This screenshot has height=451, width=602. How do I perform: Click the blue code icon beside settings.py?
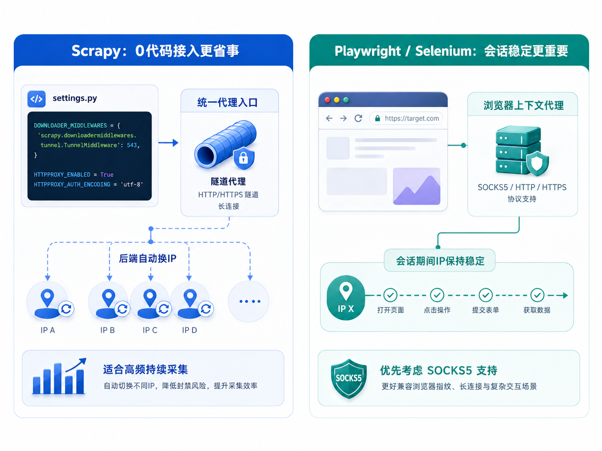click(37, 99)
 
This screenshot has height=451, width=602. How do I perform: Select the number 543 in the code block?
click(132, 145)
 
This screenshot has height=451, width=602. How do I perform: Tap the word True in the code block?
click(107, 175)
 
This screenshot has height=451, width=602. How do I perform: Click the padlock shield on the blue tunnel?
click(244, 158)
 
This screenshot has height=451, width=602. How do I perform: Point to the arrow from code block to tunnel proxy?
click(168, 143)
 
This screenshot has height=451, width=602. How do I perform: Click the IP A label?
click(48, 330)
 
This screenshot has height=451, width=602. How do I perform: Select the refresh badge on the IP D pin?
click(206, 309)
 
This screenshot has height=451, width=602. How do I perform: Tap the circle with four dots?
click(249, 301)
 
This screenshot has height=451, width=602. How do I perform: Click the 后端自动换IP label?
click(148, 258)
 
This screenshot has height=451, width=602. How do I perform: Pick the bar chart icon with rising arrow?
click(59, 376)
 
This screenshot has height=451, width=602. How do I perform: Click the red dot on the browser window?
click(328, 100)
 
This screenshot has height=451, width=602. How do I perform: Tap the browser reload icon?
click(358, 118)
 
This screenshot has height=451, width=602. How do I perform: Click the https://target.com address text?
click(412, 118)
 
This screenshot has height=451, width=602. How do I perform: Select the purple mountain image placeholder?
click(416, 186)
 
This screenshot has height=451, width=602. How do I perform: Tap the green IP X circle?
click(346, 298)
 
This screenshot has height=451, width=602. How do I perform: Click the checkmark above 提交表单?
click(486, 295)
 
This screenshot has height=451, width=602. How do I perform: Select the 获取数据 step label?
click(537, 310)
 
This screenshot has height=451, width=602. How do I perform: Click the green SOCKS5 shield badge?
click(348, 379)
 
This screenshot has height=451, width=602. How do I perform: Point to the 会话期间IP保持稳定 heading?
click(440, 261)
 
